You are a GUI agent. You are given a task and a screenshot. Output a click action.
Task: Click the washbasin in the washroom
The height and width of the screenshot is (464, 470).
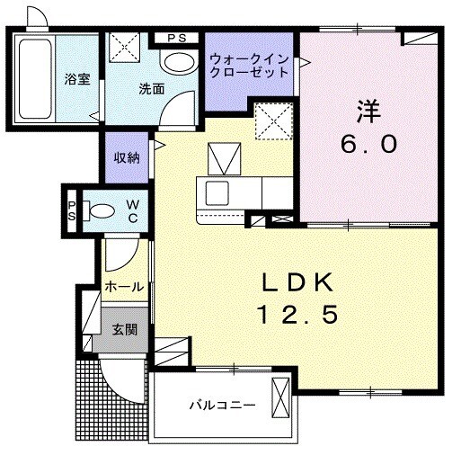pyautogui.click(x=179, y=61)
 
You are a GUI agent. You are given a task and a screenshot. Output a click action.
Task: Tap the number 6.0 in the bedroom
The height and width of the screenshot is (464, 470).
pyautogui.click(x=368, y=144)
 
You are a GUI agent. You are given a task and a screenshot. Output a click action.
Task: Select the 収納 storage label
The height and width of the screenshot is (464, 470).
pyautogui.click(x=126, y=157)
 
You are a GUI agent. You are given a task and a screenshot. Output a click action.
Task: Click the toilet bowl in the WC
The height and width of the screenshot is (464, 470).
pyautogui.click(x=102, y=212)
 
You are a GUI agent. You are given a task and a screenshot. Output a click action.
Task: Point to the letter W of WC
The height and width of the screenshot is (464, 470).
pyautogui.click(x=130, y=204)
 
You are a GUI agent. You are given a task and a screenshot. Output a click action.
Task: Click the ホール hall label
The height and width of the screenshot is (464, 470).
pyautogui.click(x=124, y=287)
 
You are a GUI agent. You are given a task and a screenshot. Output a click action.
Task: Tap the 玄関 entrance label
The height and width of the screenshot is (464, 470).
pyautogui.click(x=125, y=329)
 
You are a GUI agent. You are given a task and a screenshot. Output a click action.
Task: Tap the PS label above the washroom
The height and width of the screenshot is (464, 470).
pyautogui.click(x=176, y=38)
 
